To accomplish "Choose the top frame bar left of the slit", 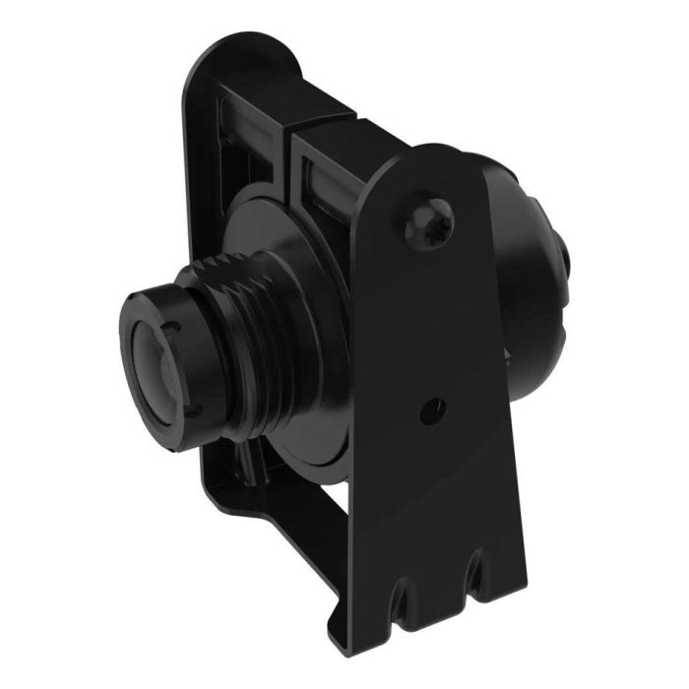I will pos(251,108).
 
